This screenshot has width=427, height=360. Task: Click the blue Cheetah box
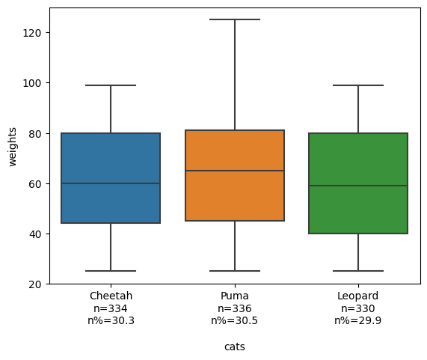pyautogui.click(x=111, y=178)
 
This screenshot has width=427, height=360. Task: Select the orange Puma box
pyautogui.click(x=235, y=175)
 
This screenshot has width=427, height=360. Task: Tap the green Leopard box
pyautogui.click(x=358, y=183)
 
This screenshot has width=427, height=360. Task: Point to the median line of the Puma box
pyautogui.click(x=235, y=171)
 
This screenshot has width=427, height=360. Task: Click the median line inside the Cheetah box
pyautogui.click(x=111, y=183)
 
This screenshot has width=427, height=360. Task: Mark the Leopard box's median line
pyautogui.click(x=358, y=186)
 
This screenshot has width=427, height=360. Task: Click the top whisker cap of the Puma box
pyautogui.click(x=235, y=19)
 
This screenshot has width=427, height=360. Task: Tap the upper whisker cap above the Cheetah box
pyautogui.click(x=111, y=85)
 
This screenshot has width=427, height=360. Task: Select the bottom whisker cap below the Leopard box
pyautogui.click(x=358, y=271)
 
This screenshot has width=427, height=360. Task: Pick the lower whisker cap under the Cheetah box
pyautogui.click(x=111, y=271)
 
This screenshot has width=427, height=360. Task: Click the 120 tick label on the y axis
pyautogui.click(x=32, y=33)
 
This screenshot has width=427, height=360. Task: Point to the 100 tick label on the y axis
pyautogui.click(x=32, y=83)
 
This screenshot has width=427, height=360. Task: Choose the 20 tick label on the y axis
pyautogui.click(x=35, y=284)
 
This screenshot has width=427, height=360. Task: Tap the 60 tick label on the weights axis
pyautogui.click(x=35, y=184)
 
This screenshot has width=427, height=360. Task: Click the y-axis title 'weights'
pyautogui.click(x=13, y=147)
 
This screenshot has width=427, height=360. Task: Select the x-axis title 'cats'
pyautogui.click(x=235, y=347)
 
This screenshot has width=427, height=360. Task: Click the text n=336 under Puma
pyautogui.click(x=235, y=308)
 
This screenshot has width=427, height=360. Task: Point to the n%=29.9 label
pyautogui.click(x=358, y=320)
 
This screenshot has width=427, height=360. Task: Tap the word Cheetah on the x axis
pyautogui.click(x=111, y=296)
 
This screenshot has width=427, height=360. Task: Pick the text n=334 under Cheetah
pyautogui.click(x=111, y=308)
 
